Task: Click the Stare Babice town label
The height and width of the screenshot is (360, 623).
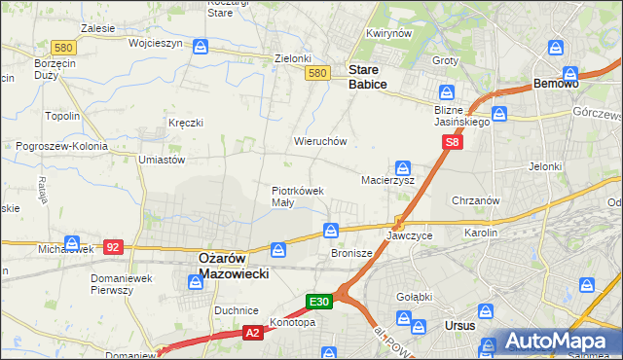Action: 368,77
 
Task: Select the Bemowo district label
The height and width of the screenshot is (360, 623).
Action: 557,85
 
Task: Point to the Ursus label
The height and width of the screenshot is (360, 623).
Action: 458,325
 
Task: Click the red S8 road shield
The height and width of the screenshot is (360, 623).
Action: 452,142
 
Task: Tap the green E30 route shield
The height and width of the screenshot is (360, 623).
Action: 320,302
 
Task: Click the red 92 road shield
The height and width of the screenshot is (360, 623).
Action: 113,247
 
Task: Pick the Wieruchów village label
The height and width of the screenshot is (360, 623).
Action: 320,141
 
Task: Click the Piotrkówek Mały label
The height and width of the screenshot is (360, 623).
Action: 297,197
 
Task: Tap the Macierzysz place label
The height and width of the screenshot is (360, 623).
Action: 387,180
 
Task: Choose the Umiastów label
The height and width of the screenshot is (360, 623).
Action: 162,160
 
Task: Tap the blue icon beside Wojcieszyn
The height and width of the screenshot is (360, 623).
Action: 200,46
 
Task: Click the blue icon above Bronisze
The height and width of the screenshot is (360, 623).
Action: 331,231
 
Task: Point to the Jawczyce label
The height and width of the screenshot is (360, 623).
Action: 409,236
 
